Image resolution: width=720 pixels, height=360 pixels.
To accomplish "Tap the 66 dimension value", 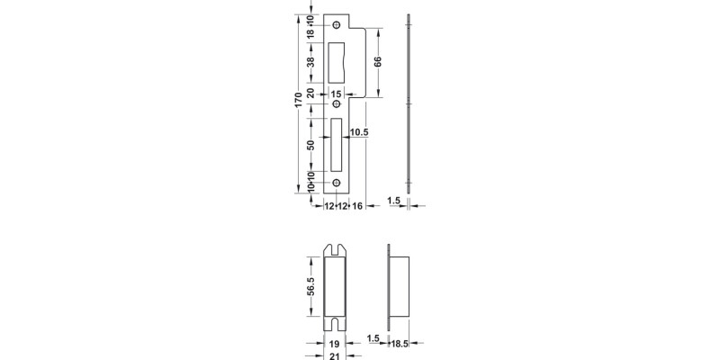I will pyautogui.click(x=378, y=62).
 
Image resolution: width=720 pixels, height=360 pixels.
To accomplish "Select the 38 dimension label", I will pyautogui.click(x=310, y=62).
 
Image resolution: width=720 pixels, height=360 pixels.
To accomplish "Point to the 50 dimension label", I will pyautogui.click(x=310, y=145).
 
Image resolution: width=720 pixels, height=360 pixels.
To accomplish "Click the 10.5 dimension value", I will pyautogui.click(x=359, y=133).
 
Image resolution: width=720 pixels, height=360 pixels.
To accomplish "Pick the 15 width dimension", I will pyautogui.click(x=337, y=93).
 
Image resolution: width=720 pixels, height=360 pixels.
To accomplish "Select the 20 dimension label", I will pyautogui.click(x=310, y=93).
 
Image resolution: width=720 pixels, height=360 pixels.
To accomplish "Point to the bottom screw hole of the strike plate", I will pyautogui.click(x=337, y=184).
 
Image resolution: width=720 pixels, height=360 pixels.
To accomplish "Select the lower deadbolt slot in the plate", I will pyautogui.click(x=337, y=145).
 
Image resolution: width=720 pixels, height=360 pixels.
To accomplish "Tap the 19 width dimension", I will pyautogui.click(x=333, y=343).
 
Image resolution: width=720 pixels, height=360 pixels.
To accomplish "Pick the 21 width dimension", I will pyautogui.click(x=333, y=355).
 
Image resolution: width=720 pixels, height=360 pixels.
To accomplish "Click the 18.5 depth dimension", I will pyautogui.click(x=400, y=343).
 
